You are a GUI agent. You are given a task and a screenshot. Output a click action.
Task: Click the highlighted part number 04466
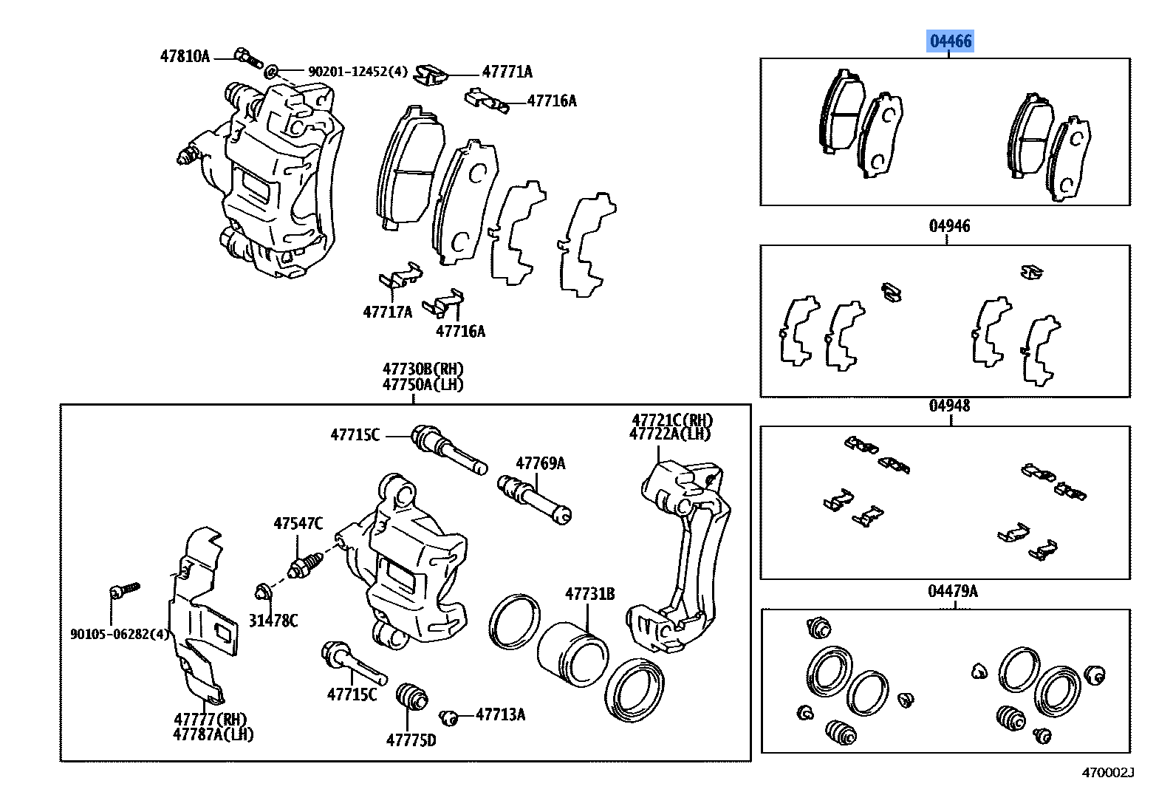(951, 41)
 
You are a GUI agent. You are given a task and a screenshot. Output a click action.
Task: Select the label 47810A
(185, 56)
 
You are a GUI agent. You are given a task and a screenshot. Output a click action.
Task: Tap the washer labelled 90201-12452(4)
(271, 72)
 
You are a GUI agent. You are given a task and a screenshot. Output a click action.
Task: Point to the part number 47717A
(387, 312)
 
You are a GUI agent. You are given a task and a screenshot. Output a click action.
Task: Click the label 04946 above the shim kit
(949, 226)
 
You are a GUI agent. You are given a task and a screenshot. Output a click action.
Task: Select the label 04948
(949, 406)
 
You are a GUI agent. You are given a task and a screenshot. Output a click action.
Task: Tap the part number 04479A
(952, 591)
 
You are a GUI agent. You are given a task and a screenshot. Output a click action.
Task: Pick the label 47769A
(540, 463)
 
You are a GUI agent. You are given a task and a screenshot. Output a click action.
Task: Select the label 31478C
(273, 621)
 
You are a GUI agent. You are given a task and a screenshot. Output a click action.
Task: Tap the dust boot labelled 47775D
(411, 697)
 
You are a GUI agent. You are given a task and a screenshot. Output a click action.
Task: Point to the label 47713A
(500, 714)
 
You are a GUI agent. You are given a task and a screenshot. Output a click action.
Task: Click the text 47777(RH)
(211, 719)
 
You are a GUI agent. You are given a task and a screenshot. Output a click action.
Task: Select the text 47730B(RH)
(423, 369)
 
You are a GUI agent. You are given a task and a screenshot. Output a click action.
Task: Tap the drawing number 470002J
(1107, 773)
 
